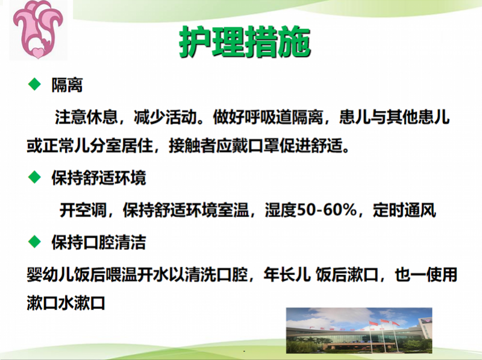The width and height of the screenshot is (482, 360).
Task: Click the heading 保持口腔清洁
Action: click(98, 243)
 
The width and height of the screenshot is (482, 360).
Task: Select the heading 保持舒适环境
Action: click(98, 178)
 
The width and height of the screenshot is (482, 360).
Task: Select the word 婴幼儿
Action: click(48, 274)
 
